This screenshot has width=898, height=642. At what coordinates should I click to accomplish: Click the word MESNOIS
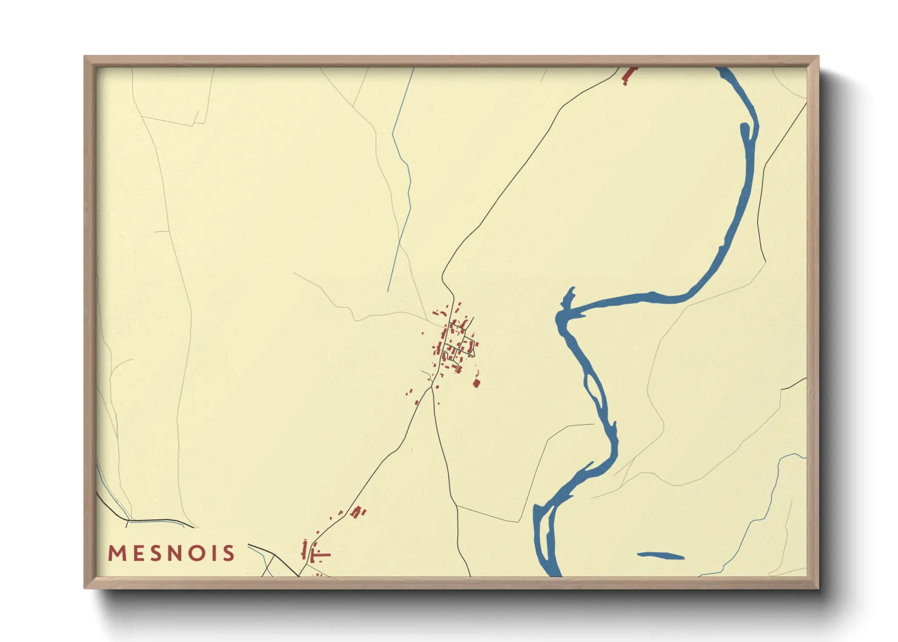click(171, 553)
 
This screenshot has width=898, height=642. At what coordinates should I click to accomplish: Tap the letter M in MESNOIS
click(116, 553)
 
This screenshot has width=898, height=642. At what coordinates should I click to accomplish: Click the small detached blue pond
click(661, 555)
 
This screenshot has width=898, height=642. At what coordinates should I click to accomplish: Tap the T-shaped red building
click(320, 555)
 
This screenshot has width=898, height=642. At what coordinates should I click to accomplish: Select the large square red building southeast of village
click(476, 383)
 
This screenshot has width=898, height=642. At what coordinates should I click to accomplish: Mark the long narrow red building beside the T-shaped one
click(304, 550)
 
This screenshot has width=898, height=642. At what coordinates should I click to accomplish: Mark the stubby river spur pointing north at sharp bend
click(569, 297)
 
